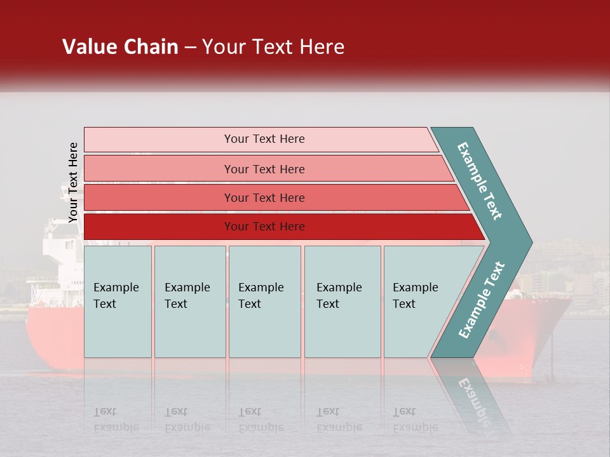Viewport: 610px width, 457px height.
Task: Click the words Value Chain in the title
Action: click(120, 47)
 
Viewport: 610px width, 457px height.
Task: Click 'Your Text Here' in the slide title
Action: click(273, 47)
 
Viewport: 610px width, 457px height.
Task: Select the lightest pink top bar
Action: click(264, 139)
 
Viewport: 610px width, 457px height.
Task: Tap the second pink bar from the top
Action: click(264, 169)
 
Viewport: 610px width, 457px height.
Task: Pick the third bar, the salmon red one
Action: click(264, 197)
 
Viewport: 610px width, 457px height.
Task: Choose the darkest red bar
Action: click(264, 227)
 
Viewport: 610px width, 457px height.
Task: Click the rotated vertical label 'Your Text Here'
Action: click(73, 182)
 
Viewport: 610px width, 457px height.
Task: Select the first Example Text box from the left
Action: click(118, 301)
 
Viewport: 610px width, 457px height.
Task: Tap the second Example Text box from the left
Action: click(189, 301)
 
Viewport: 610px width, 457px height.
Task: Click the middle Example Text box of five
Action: click(264, 301)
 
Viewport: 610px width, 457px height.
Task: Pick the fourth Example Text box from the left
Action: click(342, 301)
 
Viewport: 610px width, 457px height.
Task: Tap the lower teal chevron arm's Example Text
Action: click(481, 300)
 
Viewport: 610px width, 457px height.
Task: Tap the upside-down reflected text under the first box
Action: click(116, 420)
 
